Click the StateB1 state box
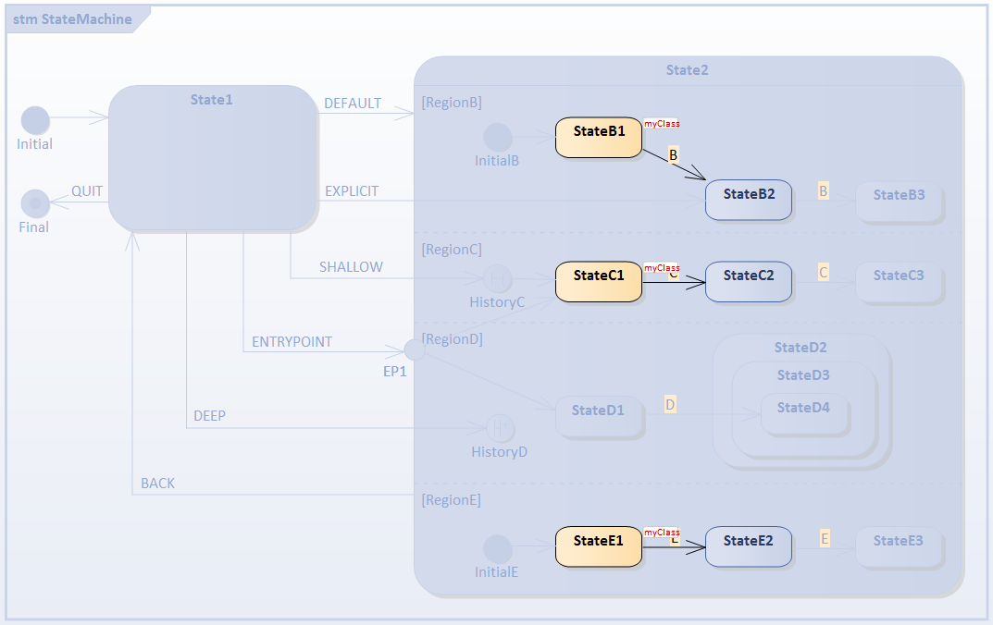tap(598, 137)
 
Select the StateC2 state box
tap(748, 281)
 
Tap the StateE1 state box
tap(598, 546)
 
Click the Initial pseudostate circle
tap(35, 120)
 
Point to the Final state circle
tap(35, 203)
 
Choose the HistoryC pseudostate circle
tap(498, 278)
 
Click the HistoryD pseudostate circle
tap(500, 428)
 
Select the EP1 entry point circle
tap(416, 349)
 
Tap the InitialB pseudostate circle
tap(498, 138)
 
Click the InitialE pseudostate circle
tap(498, 548)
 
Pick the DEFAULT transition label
tap(352, 104)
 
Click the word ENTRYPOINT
tap(292, 342)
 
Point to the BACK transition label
tap(157, 484)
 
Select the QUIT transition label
tap(87, 191)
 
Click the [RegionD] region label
tap(451, 339)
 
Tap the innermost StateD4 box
tap(803, 413)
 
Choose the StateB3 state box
tap(899, 201)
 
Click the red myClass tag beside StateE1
tap(662, 533)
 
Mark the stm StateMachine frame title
tap(72, 18)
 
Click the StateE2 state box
tap(748, 546)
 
